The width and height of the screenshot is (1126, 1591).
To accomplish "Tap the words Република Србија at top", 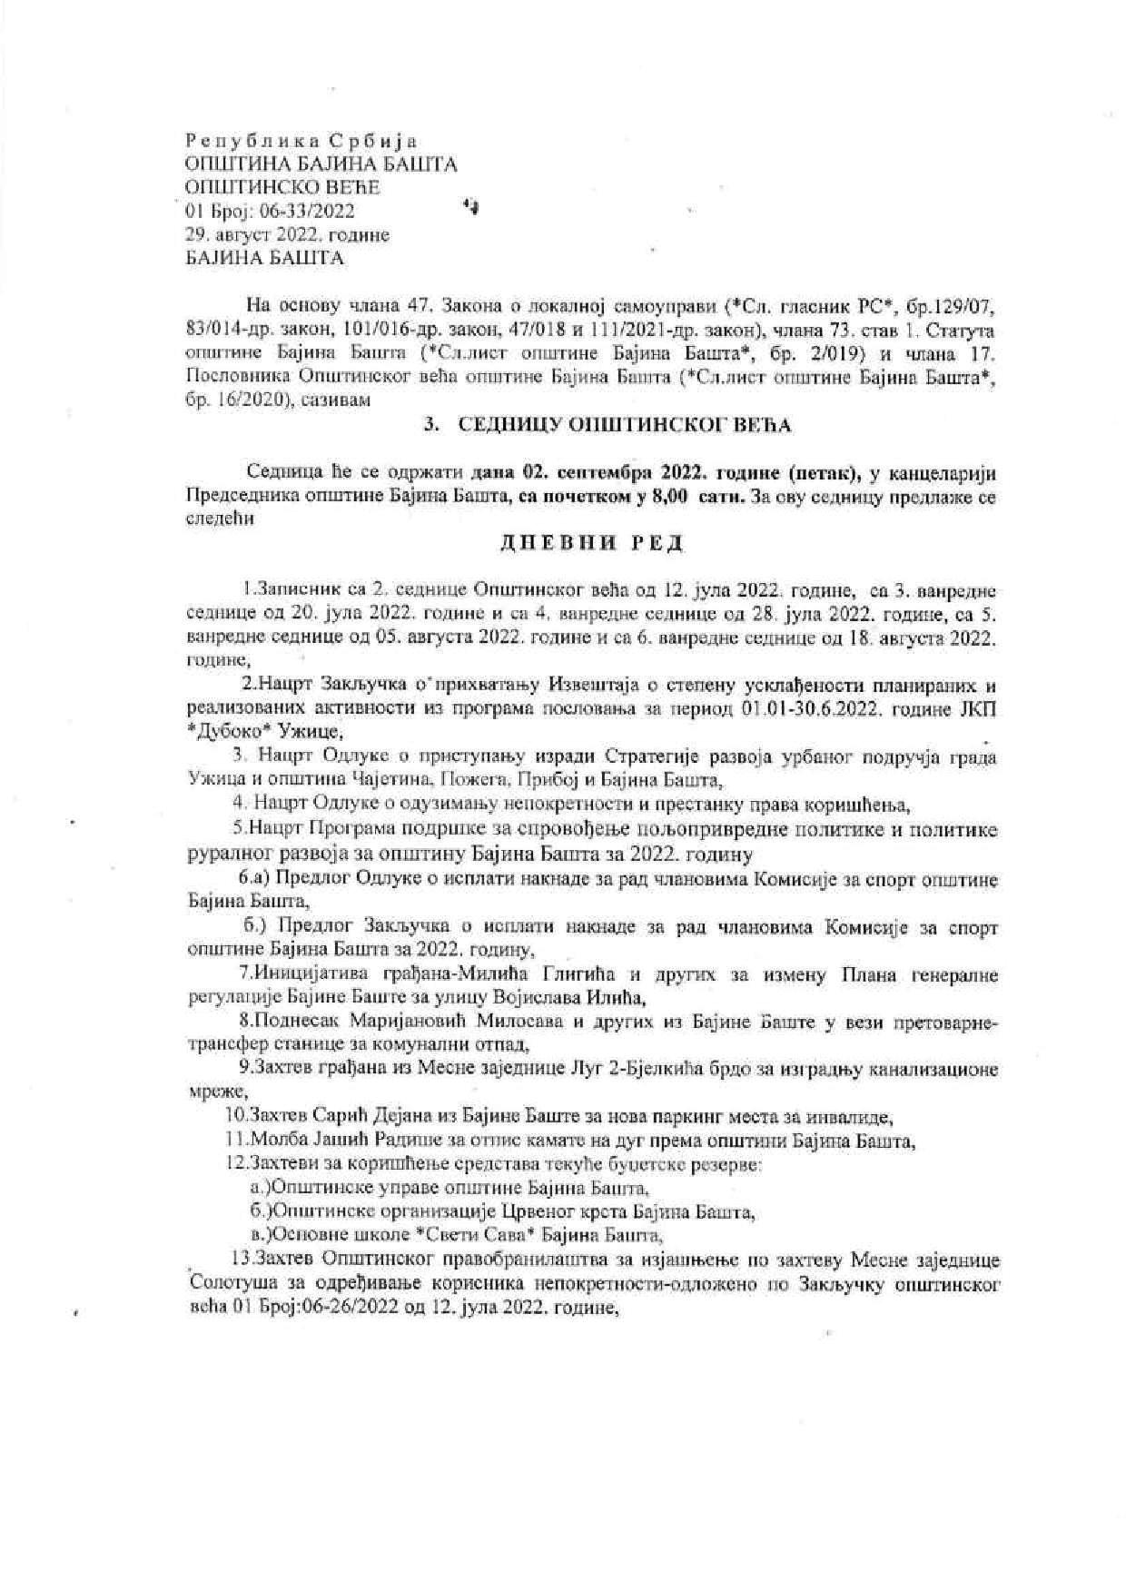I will pyautogui.click(x=300, y=141).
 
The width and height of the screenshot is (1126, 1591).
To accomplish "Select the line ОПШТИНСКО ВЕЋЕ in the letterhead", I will pyautogui.click(x=282, y=188).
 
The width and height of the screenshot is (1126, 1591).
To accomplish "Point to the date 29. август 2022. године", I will pyautogui.click(x=286, y=235).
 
